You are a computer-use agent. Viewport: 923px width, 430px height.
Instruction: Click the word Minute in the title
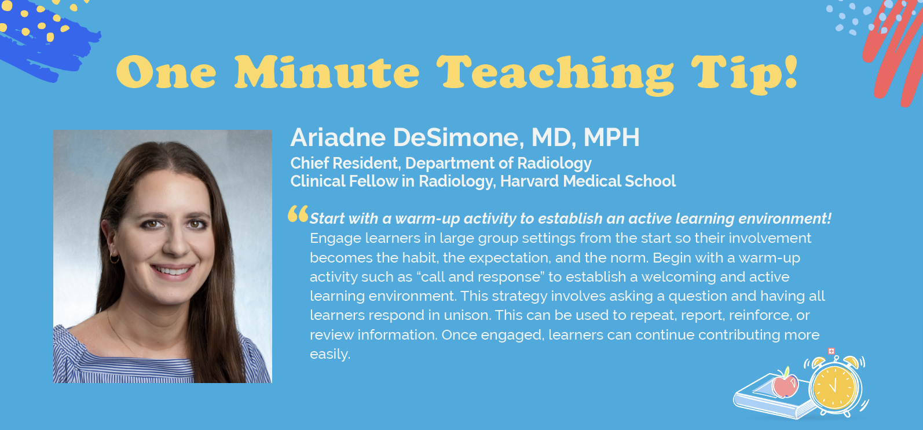click(x=327, y=72)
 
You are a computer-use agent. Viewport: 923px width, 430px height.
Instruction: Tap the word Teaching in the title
click(x=555, y=75)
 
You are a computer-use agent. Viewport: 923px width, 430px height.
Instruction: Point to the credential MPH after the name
click(x=612, y=137)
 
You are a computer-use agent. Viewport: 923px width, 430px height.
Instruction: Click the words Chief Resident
click(x=345, y=163)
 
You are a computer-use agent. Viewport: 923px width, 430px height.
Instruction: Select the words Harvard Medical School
click(x=588, y=181)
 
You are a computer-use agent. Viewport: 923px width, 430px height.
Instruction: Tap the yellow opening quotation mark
click(x=298, y=214)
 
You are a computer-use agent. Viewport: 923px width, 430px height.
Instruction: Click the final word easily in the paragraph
click(x=330, y=354)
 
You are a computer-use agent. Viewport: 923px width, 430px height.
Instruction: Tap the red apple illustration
click(x=785, y=384)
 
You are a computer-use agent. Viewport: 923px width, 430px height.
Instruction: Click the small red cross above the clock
click(x=831, y=351)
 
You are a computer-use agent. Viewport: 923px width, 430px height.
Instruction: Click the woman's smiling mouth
click(x=173, y=271)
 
